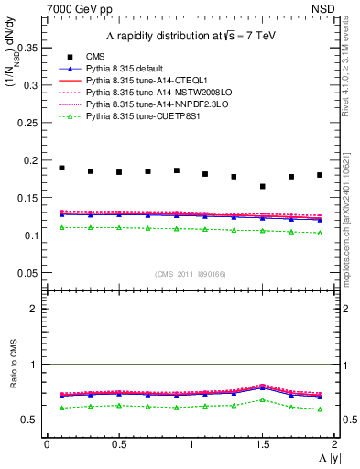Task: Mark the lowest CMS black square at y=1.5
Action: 263,187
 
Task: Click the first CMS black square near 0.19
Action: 61,168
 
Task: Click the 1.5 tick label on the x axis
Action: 263,444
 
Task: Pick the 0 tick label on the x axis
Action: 47,444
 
